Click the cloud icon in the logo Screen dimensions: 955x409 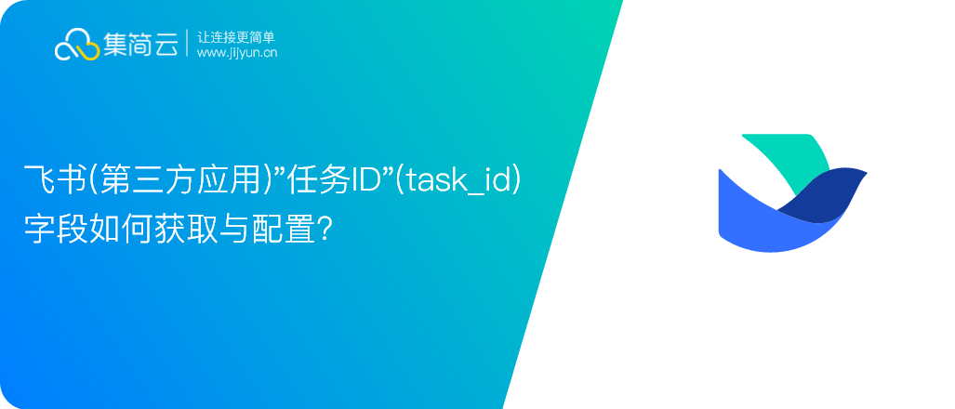77,45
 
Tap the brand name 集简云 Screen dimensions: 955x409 140,45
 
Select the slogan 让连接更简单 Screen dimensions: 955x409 236,37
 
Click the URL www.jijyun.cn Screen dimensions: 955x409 237,53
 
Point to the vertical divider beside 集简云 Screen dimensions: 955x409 187,43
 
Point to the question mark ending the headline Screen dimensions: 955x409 325,231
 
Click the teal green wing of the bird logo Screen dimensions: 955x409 791,158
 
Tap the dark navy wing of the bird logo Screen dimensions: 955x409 829,193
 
